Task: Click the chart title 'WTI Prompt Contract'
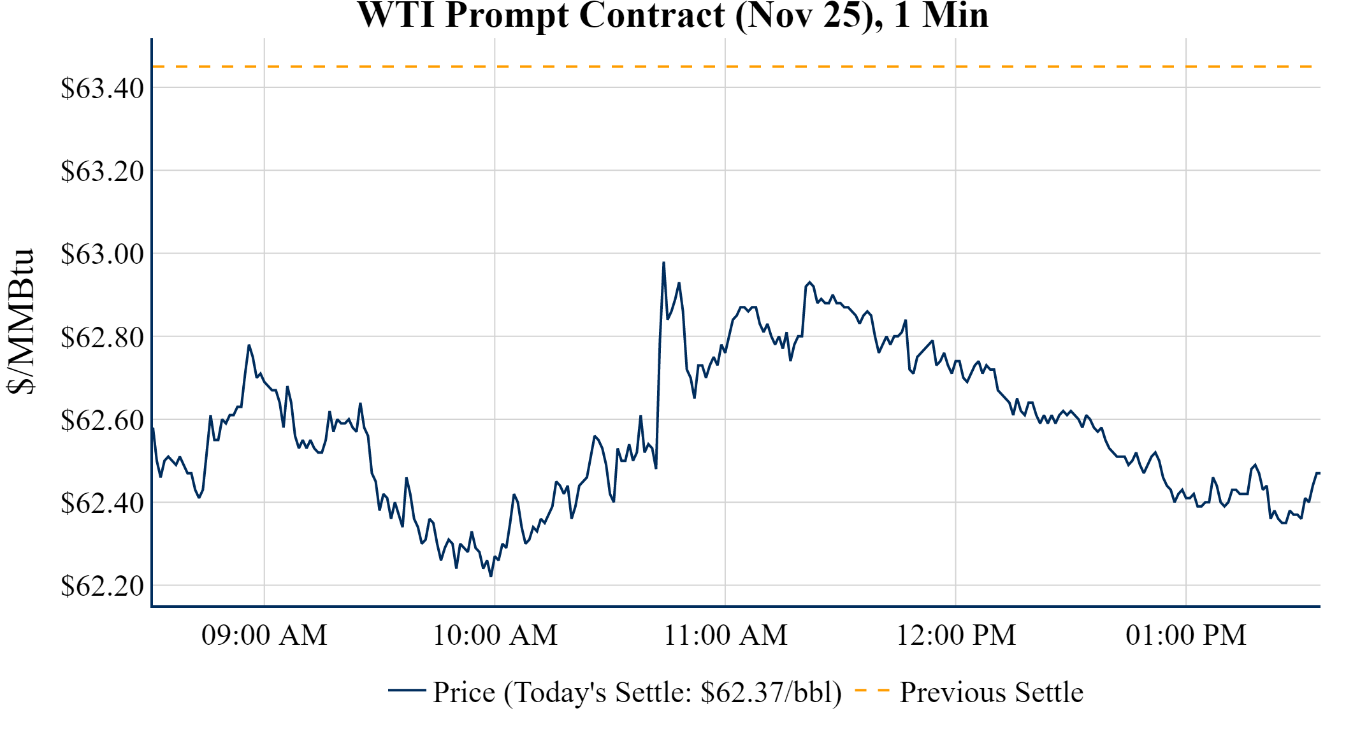[672, 15]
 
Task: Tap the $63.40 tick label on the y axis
[102, 88]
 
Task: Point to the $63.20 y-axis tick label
[102, 171]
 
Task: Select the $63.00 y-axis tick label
[102, 254]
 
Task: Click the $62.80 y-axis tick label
[102, 337]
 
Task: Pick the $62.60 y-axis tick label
[102, 420]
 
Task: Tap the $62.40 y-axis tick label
[102, 503]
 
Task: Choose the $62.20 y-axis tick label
[102, 586]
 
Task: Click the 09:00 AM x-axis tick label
[264, 635]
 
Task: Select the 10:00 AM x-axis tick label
[495, 635]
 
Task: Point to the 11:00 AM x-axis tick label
[725, 635]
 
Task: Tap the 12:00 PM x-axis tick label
[955, 635]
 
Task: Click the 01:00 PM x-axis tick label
[1185, 635]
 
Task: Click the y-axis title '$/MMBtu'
[20, 322]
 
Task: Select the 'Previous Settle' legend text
[991, 692]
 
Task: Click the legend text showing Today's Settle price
[637, 692]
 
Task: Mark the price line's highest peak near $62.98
[663, 263]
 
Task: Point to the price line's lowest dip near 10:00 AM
[491, 576]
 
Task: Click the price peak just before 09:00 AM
[249, 345]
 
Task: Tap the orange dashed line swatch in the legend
[871, 691]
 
